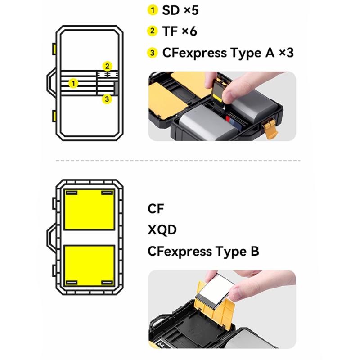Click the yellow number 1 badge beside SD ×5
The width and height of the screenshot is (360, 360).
pyautogui.click(x=153, y=10)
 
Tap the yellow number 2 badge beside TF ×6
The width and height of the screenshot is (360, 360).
pyautogui.click(x=153, y=31)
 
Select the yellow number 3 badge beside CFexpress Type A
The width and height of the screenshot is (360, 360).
pyautogui.click(x=153, y=53)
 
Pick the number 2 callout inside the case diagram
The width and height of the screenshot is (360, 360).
pyautogui.click(x=107, y=67)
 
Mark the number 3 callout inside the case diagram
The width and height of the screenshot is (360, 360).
pyautogui.click(x=107, y=99)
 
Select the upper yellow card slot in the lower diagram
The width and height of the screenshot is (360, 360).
pyautogui.click(x=89, y=210)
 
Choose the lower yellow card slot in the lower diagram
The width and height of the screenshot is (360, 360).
pyautogui.click(x=89, y=265)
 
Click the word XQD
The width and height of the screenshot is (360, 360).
pyautogui.click(x=162, y=230)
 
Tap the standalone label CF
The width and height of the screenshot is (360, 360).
pyautogui.click(x=156, y=209)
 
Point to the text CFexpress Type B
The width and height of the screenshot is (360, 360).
pyautogui.click(x=203, y=251)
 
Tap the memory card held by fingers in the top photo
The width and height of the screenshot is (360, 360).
pyautogui.click(x=218, y=92)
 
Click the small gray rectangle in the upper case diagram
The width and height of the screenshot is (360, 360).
pyautogui.click(x=116, y=89)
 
